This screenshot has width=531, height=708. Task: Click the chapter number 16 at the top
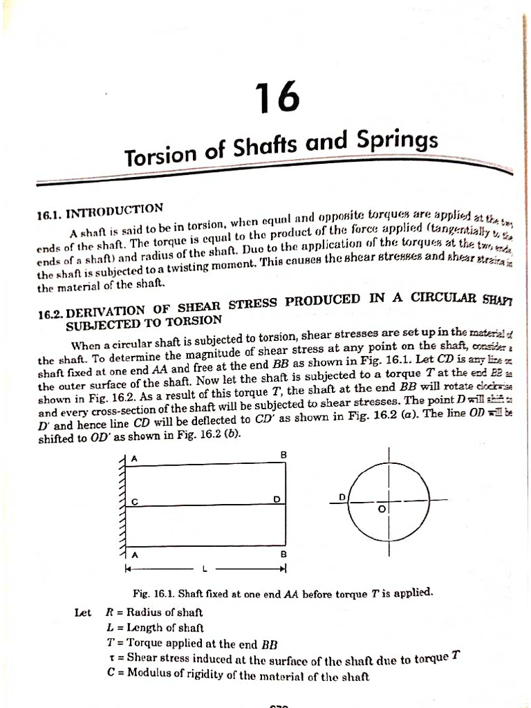(x=278, y=96)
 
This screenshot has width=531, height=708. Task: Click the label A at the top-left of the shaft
(x=134, y=458)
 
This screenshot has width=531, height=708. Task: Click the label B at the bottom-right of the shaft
(x=282, y=555)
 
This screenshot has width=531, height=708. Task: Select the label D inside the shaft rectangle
(x=276, y=499)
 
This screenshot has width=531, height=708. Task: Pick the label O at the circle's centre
(x=380, y=509)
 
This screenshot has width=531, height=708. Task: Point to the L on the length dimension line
(x=205, y=570)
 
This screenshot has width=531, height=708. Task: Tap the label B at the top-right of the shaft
(x=282, y=454)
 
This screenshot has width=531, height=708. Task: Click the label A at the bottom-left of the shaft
(x=134, y=555)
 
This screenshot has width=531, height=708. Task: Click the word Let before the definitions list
(x=83, y=612)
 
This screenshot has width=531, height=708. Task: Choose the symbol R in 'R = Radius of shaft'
(x=109, y=612)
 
